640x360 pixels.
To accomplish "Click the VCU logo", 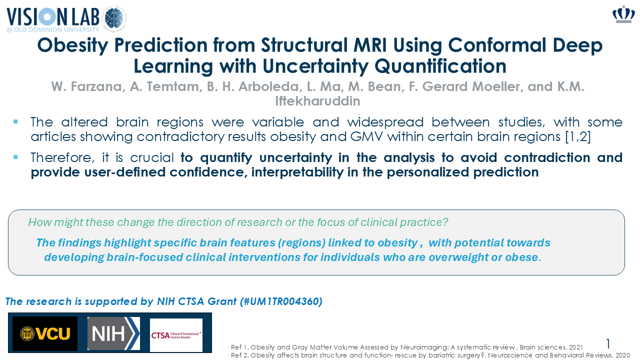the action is [45, 333].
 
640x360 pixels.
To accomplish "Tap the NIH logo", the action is [113, 333].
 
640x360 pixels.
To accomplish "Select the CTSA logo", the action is [176, 335].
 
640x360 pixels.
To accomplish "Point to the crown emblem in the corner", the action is [623, 14].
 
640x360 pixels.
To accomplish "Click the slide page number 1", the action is [608, 343].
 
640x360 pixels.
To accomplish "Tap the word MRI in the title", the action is [370, 45].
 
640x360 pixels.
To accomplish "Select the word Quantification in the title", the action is [440, 66].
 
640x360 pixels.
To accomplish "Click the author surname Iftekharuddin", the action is [317, 101].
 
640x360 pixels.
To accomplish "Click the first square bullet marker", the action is [15, 122].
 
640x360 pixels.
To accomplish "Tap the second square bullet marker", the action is [15, 157].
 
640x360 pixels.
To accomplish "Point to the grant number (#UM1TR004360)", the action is [281, 301].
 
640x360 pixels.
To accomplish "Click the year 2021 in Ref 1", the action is [575, 347].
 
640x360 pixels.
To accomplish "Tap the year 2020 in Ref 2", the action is [622, 355].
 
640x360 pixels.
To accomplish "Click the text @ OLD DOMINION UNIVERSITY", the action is [53, 29].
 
